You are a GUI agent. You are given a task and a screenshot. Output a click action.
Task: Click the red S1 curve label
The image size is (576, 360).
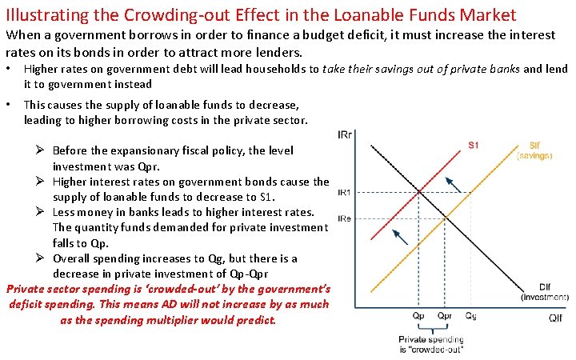[473, 145]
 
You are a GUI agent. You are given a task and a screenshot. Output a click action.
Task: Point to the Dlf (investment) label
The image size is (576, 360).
[544, 293]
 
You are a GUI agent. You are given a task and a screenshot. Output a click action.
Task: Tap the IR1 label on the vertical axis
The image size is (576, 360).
[346, 192]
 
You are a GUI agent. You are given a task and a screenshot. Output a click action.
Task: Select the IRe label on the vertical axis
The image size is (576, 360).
[346, 218]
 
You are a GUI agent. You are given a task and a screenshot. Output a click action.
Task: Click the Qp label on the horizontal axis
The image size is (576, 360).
[419, 316]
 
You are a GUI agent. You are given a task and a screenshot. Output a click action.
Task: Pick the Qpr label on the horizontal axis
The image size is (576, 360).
[445, 316]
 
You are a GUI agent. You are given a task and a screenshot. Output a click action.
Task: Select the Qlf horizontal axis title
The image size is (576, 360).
[554, 318]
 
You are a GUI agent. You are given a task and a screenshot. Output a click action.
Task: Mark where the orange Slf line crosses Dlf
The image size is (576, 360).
[446, 218]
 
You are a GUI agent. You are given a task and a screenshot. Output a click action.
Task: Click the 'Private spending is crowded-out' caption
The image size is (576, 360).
[431, 345]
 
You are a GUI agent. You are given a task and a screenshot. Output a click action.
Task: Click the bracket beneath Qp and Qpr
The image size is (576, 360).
[432, 329]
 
